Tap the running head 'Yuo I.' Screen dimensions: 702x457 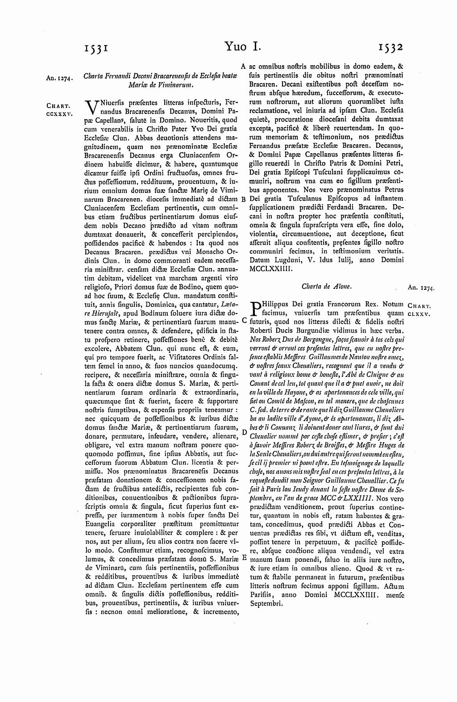pyautogui.click(x=242, y=47)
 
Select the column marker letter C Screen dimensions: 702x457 pyautogui.click(x=244, y=321)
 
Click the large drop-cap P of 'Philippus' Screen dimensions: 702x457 pyautogui.click(x=256, y=308)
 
